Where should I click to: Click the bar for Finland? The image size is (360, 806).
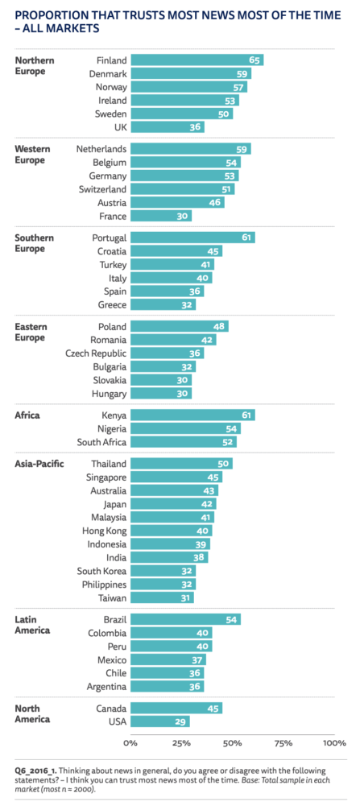(x=197, y=60)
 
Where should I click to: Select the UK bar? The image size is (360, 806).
(x=167, y=127)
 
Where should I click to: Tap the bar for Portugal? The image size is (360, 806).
(x=192, y=238)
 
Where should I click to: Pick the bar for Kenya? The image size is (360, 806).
(x=192, y=415)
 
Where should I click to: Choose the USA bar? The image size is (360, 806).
(x=159, y=721)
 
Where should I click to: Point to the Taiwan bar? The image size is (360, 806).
(x=162, y=597)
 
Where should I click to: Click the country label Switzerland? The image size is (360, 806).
(x=96, y=189)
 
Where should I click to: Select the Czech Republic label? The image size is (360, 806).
(x=90, y=353)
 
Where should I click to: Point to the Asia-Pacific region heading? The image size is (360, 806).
(x=39, y=464)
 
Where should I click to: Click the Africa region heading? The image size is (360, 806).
(x=28, y=415)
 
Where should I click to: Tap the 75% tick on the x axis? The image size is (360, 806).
(x=283, y=742)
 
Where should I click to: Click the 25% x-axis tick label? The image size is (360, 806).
(x=181, y=742)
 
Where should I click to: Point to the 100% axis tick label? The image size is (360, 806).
(x=333, y=742)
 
